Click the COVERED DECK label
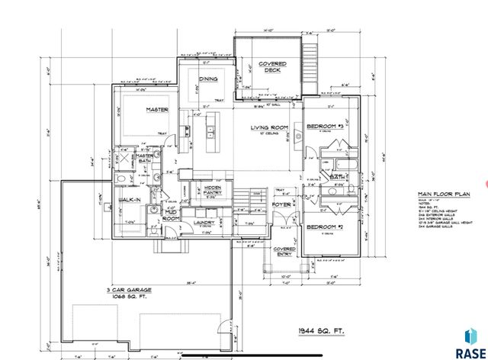(271, 66)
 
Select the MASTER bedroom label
(157, 110)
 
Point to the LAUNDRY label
(204, 223)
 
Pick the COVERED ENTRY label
(285, 251)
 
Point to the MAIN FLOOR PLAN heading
(436, 194)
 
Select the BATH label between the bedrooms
(338, 177)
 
